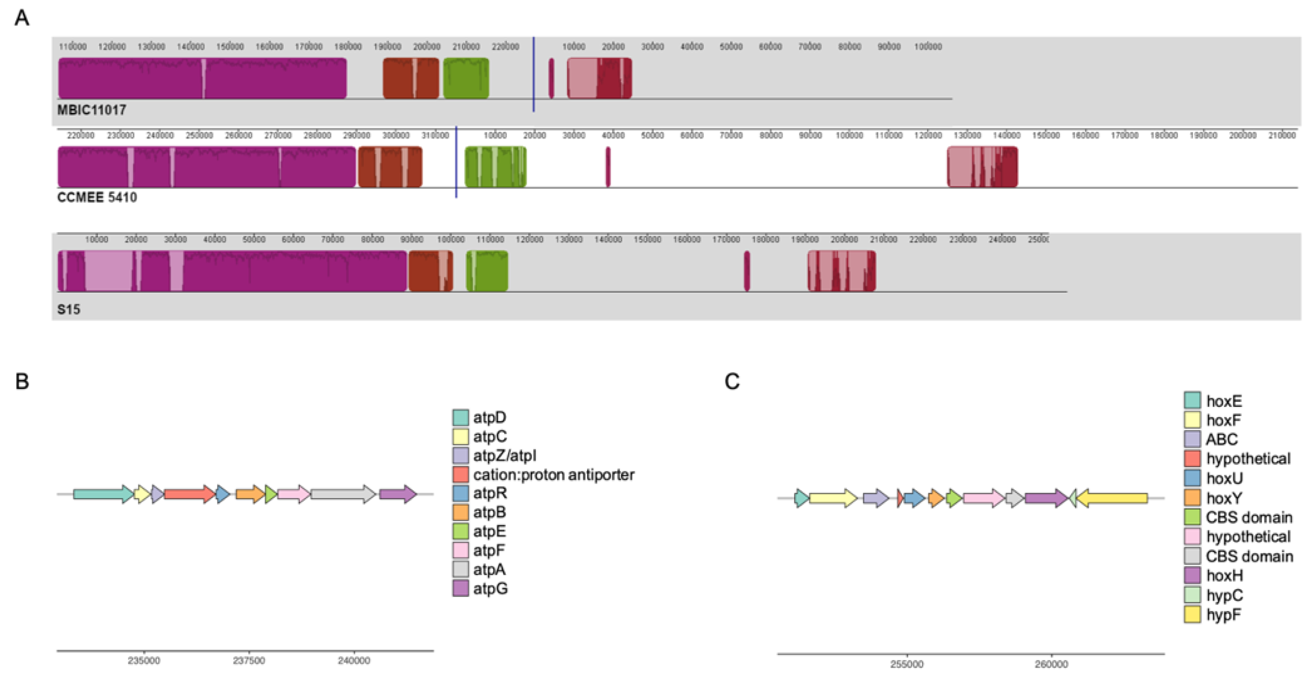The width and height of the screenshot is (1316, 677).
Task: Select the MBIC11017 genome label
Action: pos(91,110)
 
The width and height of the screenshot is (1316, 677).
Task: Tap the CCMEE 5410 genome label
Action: pos(97,197)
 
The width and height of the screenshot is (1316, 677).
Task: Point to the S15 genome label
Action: pos(69,309)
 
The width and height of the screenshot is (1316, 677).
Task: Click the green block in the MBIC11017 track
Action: pos(466,78)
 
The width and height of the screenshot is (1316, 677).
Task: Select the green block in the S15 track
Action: pos(487,271)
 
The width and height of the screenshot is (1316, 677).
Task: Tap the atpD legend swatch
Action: pos(460,417)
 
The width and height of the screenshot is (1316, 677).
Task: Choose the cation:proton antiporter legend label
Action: pos(553,475)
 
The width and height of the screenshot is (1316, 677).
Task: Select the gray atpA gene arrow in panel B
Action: pos(343,494)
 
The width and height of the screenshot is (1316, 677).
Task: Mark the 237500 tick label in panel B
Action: pos(249,661)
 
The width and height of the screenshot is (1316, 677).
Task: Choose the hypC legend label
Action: pos(1224,595)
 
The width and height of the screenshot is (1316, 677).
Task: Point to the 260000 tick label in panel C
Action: pos(1051,664)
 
